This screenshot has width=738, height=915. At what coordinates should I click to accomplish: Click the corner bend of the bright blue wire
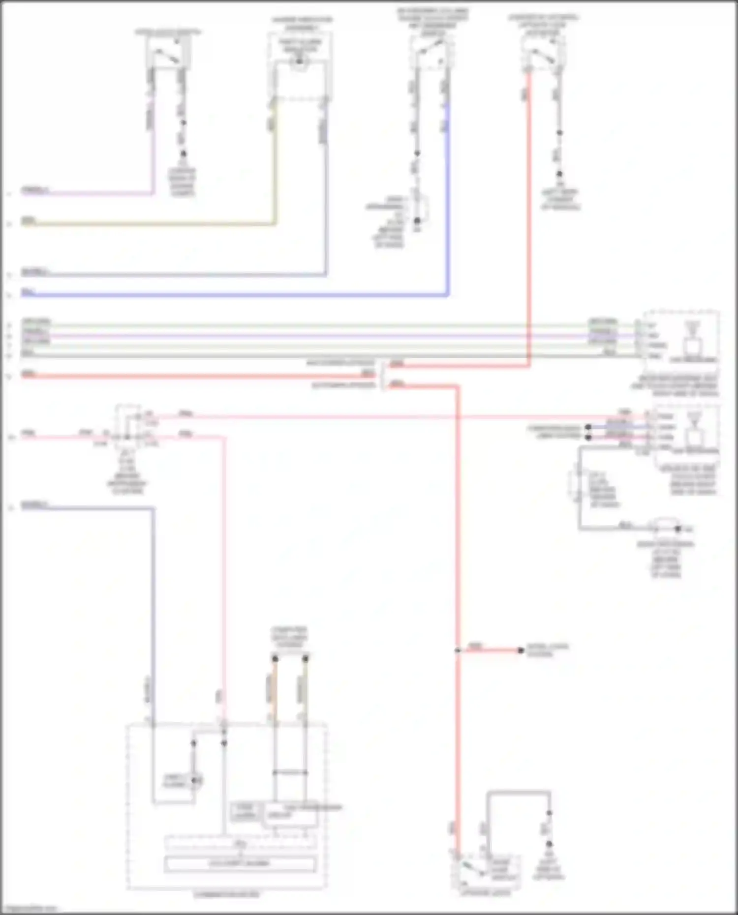pos(447,295)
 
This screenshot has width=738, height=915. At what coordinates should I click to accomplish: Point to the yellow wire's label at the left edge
pos(28,221)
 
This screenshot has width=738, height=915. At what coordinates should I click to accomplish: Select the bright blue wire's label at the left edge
pos(28,292)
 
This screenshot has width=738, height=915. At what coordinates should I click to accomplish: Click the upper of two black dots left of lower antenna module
pos(588,427)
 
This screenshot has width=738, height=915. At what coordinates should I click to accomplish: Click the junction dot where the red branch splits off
pos(458,650)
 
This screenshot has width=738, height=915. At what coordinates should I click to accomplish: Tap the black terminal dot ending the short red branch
pos(521,650)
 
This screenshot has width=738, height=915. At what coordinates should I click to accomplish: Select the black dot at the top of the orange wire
pos(275,658)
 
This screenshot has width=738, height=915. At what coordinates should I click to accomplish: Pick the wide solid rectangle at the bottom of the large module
pos(240,863)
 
